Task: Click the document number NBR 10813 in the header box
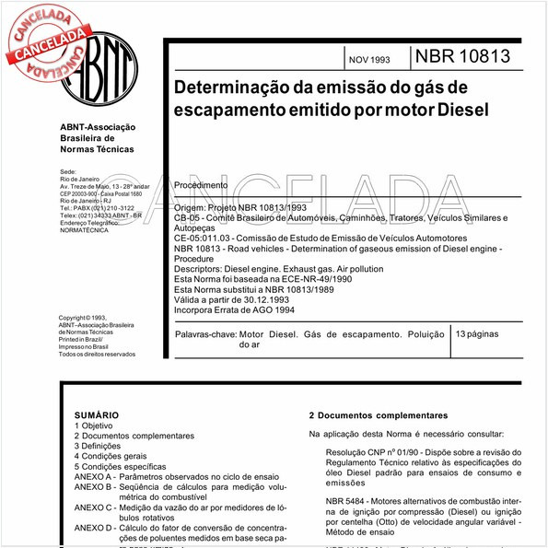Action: point(462,57)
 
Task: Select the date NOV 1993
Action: point(368,60)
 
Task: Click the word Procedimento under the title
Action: point(201,185)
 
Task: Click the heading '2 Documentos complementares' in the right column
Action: point(378,415)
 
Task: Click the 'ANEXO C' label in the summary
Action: point(94,507)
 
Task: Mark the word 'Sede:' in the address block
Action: point(68,171)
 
